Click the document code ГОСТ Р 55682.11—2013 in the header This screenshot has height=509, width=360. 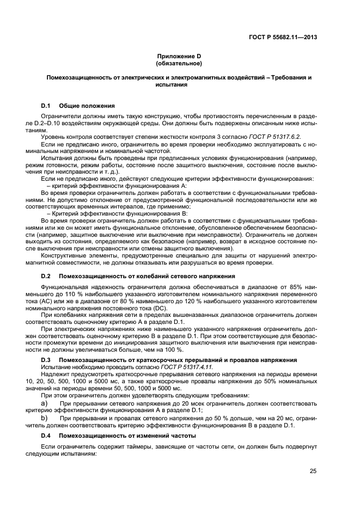(x=285, y=37)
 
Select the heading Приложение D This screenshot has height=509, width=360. (x=179, y=57)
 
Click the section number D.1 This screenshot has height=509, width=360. (x=46, y=105)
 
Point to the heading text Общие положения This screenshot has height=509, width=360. (x=87, y=105)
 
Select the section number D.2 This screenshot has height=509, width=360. (x=46, y=277)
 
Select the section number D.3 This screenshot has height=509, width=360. (x=46, y=360)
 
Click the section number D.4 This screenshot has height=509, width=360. (x=46, y=437)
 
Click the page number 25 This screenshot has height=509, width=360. (x=313, y=471)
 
